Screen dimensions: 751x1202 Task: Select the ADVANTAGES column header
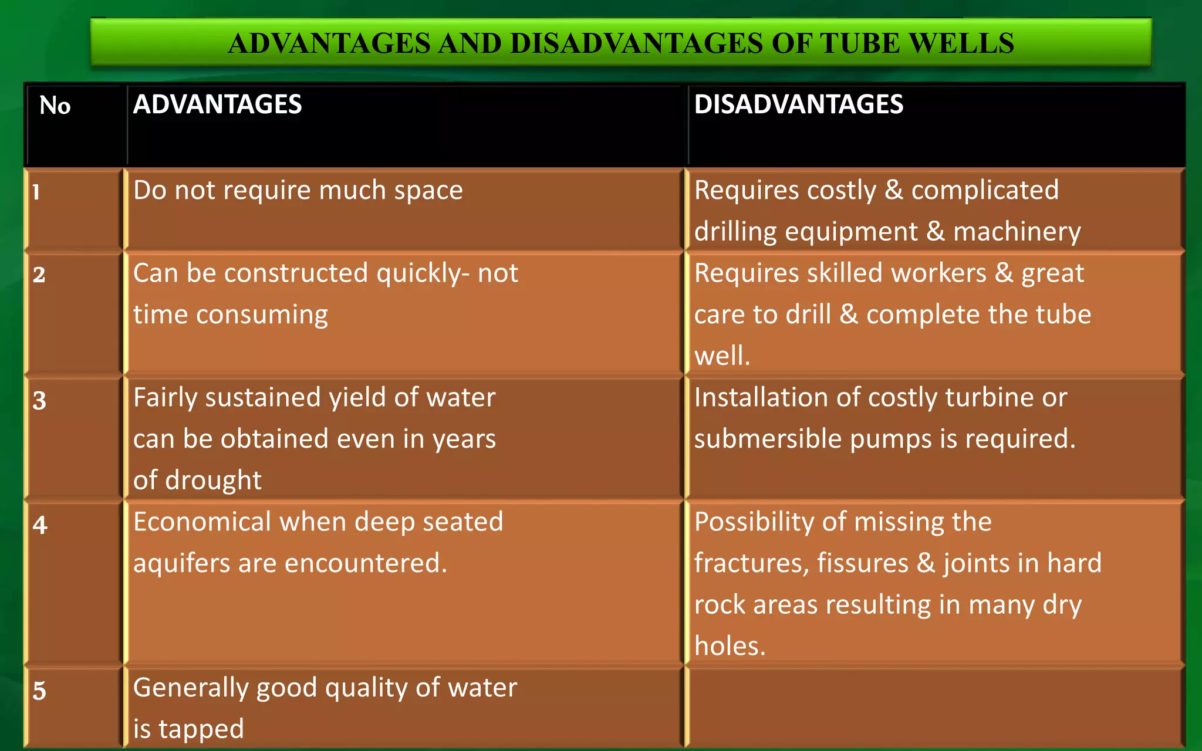(x=217, y=104)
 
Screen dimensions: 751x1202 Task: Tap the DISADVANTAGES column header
(x=798, y=104)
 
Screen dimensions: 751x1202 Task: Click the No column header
(x=55, y=106)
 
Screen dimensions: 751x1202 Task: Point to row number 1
(x=36, y=192)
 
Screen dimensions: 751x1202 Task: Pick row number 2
(x=39, y=275)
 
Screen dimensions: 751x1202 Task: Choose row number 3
(x=39, y=400)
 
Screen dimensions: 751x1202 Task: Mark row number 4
(x=40, y=525)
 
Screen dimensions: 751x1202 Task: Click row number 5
(x=39, y=690)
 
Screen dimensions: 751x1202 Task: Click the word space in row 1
(x=428, y=191)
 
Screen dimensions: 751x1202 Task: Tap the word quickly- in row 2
(x=423, y=273)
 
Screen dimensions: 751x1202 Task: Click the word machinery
(x=1017, y=232)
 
